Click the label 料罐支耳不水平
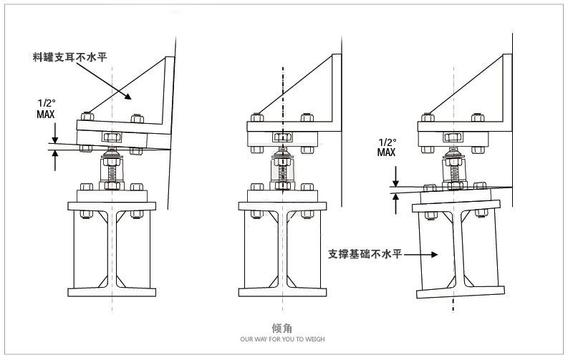69,55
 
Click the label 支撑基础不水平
364,253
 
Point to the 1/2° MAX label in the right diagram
387,147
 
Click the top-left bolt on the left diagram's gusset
87,115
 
